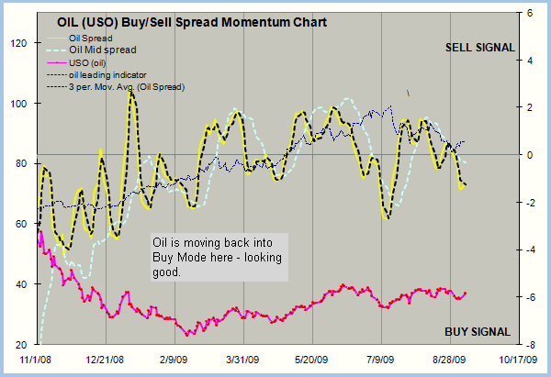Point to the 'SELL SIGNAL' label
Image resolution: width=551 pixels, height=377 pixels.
tap(479, 48)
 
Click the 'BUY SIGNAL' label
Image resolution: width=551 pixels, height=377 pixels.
tap(478, 331)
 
